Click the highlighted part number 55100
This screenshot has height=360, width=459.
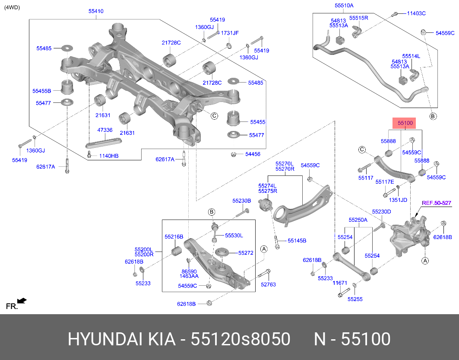point(405,123)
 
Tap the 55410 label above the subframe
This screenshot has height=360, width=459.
point(96,11)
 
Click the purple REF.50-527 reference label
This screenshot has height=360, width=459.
point(436,203)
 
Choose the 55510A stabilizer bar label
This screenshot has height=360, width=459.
point(344,6)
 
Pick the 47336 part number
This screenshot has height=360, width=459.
point(105,130)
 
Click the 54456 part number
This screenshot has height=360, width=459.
point(253,154)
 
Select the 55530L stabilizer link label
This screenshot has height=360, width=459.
point(234,236)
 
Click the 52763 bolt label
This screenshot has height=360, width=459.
point(268,284)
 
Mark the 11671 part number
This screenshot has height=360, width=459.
point(340,283)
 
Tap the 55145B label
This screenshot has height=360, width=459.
point(297,240)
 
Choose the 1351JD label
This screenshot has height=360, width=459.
point(397,200)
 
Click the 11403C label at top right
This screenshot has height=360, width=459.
point(416,13)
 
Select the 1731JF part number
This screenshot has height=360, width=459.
point(230,33)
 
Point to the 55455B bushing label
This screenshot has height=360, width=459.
point(42,91)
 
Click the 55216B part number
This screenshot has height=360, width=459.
point(174,237)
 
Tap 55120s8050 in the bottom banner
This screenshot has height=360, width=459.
point(240,340)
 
